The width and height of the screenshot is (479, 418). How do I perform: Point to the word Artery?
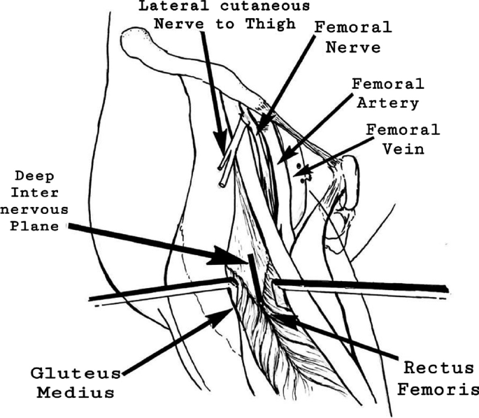tap(395, 103)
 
